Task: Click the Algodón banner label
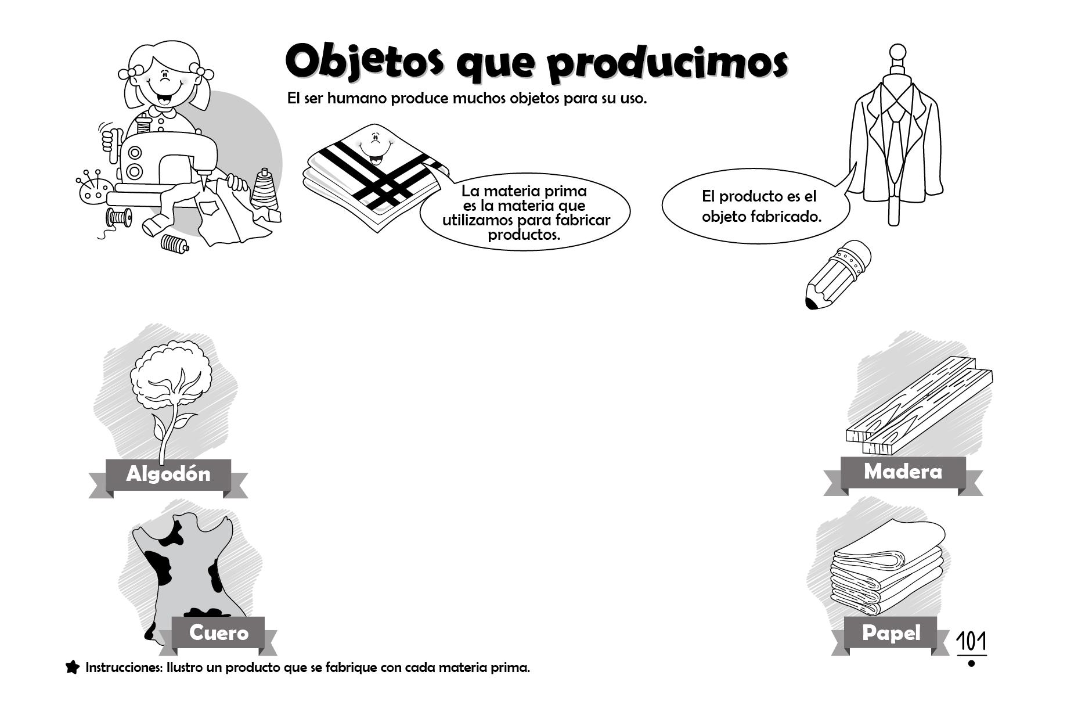tap(168, 474)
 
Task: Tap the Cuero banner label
tap(219, 632)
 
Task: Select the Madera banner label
tap(903, 471)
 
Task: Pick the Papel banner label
tap(891, 632)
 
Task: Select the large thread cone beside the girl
tap(265, 189)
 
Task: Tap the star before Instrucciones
tap(73, 667)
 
